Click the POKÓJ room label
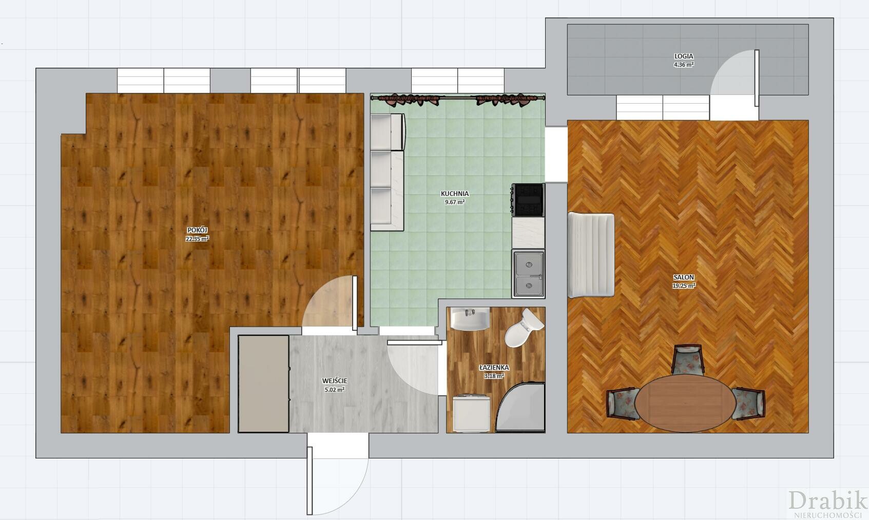pos(197,230)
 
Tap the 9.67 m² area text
pos(455,202)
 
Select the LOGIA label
pos(684,56)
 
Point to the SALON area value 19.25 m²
pos(684,286)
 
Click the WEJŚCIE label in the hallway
pos(335,381)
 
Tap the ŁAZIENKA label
pos(494,367)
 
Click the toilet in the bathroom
pos(524,327)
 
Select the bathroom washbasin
pos(470,318)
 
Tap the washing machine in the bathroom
pos(471,413)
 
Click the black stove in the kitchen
pos(528,200)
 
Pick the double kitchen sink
pos(528,274)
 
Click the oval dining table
pos(685,403)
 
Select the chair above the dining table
pos(688,359)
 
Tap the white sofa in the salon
pos(591,255)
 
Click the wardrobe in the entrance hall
pos(264,384)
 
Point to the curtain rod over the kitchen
pos(458,98)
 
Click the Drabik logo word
pos(827,501)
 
